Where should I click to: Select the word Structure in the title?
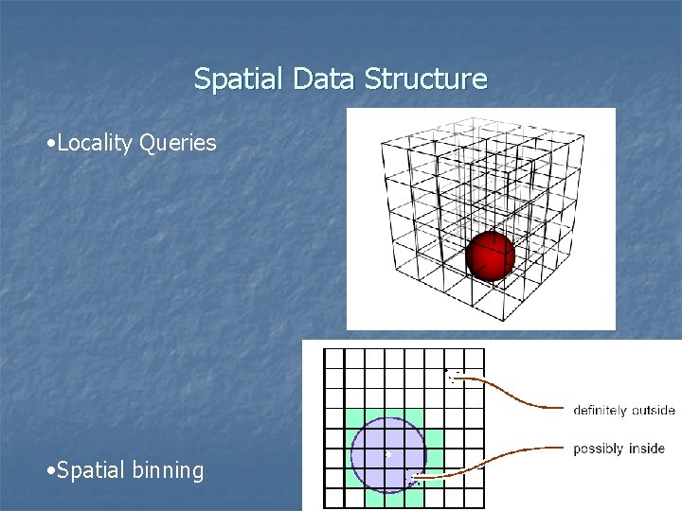pos(427,79)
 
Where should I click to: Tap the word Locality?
pos(95,144)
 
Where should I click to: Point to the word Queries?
pos(178,144)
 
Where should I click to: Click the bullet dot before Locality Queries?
pos(50,145)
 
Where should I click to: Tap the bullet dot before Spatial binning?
pos(50,471)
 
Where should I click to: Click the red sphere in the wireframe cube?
pos(491,255)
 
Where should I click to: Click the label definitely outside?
pos(623,411)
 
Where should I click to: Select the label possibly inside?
pos(619,449)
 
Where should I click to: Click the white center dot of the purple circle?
pos(387,455)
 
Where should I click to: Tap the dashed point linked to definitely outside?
pos(453,376)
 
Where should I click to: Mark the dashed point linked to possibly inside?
pos(415,480)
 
